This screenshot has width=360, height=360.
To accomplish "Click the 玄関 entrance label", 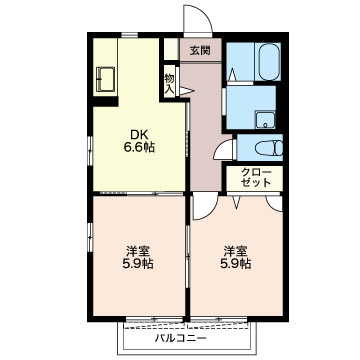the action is point(200,50).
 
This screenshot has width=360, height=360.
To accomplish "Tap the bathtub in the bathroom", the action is point(269,62).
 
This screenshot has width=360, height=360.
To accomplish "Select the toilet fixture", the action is point(270,148).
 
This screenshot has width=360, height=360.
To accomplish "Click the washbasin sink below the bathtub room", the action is point(265,120).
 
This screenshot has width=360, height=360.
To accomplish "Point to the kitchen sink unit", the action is point(105,79).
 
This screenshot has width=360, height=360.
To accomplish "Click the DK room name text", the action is point(139,135).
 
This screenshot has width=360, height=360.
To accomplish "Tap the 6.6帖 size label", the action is point(139,147).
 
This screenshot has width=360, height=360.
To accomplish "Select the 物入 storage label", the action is point(169,84).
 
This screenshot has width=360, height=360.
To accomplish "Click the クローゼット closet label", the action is point(256,178).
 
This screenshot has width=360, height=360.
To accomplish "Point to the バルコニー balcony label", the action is point(181,339).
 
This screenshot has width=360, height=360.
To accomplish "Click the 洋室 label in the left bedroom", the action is point(138,251).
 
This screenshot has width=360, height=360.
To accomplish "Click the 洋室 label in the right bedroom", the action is point(235,250).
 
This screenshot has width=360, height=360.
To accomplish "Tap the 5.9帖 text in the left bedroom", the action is point(139,264).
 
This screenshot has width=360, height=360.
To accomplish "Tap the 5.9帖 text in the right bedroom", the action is point(236,264).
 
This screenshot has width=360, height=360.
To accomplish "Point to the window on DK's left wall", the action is point(90,151).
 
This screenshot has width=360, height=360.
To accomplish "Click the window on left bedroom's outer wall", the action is point(90,236).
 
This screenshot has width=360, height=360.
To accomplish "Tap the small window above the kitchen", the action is point(129,35).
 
